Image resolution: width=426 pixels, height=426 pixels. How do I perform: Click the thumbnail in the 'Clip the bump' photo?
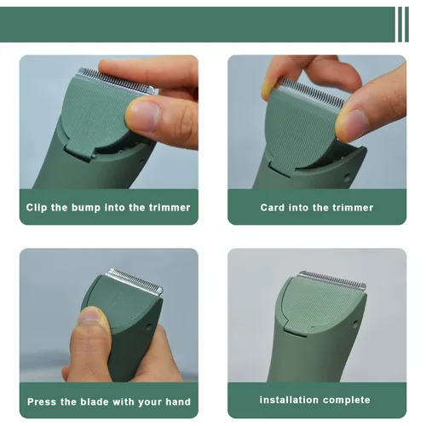[144, 116]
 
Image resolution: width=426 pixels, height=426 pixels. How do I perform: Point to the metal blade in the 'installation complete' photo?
[332, 279]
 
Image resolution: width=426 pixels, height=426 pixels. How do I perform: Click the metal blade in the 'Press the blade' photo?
[135, 280]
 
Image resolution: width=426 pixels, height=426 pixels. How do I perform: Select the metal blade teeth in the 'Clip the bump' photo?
[117, 79]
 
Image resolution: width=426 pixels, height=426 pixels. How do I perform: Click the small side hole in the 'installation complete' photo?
[354, 324]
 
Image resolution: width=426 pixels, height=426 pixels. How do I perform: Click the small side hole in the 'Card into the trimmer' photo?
[347, 178]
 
